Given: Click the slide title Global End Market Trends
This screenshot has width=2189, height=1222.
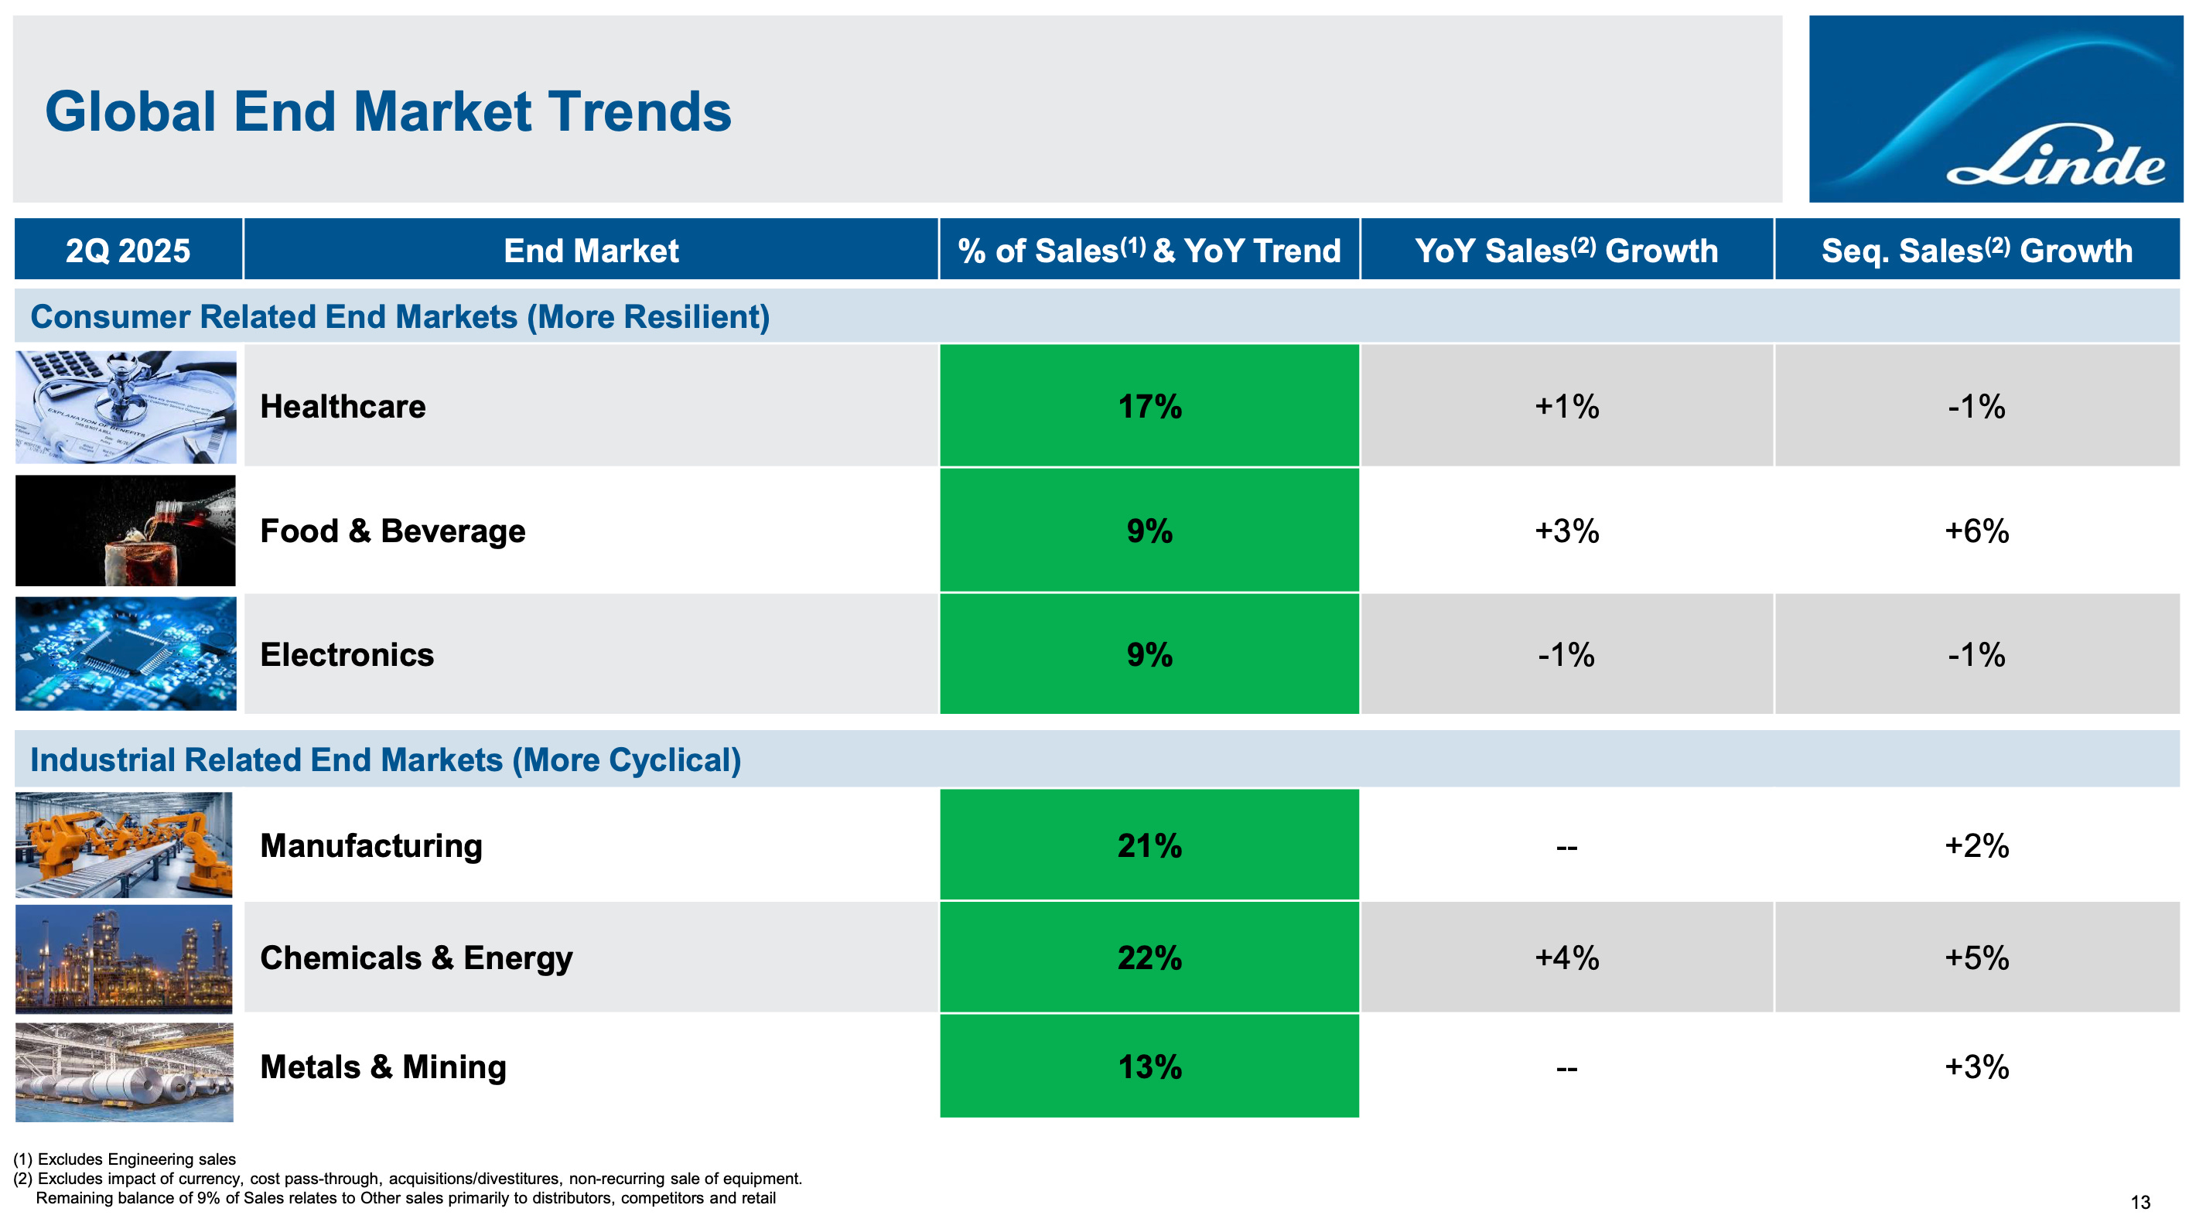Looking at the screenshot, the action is (388, 111).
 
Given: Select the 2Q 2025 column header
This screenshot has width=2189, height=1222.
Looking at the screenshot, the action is (128, 251).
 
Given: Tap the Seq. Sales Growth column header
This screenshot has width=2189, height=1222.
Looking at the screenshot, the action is (1976, 251).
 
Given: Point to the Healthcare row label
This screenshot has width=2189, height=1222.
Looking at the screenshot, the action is (343, 406).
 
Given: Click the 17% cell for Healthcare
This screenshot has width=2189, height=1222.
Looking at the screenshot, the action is (1149, 405).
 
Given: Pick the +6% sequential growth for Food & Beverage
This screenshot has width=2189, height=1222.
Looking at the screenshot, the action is (1976, 531).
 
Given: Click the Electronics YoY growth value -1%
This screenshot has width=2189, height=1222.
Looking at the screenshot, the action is (1566, 654).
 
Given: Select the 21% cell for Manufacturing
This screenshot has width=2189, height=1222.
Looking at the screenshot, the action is (1149, 845).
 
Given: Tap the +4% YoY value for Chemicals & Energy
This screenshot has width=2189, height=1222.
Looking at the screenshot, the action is (1566, 957).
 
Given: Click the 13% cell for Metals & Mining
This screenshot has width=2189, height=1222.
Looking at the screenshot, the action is (1149, 1067).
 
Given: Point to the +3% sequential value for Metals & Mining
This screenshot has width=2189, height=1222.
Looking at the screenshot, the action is (1976, 1067).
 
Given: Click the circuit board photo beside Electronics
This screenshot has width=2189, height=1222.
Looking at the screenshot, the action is (126, 654).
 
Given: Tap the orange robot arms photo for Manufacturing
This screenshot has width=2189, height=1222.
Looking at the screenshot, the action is (124, 845).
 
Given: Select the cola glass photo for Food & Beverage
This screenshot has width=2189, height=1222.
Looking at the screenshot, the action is (126, 531).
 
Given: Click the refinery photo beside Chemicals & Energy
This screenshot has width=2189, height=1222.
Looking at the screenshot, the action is (124, 958).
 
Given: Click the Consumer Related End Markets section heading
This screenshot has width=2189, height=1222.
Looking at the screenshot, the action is (400, 317).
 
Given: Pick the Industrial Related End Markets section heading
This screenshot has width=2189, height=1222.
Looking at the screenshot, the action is (386, 759).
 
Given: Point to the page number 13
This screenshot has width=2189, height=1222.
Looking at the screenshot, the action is (2140, 1202).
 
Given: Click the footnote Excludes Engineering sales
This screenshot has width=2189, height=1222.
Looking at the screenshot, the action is (125, 1159).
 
